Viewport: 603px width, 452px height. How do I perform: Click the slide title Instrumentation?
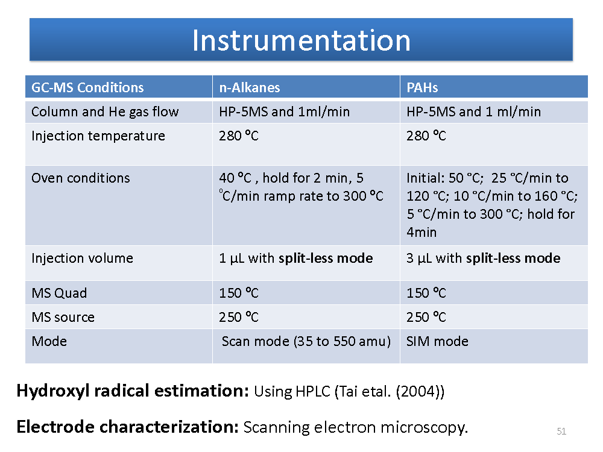pyautogui.click(x=301, y=40)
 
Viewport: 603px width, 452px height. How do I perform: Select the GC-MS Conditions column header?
pyautogui.click(x=87, y=87)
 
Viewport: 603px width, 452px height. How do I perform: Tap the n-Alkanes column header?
pyautogui.click(x=250, y=87)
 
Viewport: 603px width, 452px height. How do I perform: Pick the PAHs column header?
pyautogui.click(x=422, y=87)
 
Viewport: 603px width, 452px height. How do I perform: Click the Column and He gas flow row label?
pyautogui.click(x=105, y=112)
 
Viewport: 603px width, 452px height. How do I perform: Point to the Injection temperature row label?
pyautogui.click(x=98, y=136)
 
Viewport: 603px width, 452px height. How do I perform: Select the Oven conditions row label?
pyautogui.click(x=81, y=178)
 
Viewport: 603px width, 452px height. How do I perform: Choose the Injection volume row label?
pyautogui.click(x=82, y=258)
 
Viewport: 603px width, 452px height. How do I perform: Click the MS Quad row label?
pyautogui.click(x=59, y=293)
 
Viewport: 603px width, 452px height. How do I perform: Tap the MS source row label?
pyautogui.click(x=63, y=317)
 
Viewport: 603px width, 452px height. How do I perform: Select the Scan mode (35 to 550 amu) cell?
pyautogui.click(x=306, y=341)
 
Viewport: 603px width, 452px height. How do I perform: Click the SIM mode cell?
pyautogui.click(x=438, y=341)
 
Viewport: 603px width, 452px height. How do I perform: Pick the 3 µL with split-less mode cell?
pyautogui.click(x=484, y=258)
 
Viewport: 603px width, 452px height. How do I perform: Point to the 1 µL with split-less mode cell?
pyautogui.click(x=295, y=258)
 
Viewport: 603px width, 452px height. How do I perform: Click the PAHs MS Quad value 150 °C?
pyautogui.click(x=426, y=293)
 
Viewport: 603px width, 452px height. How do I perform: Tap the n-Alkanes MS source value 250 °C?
pyautogui.click(x=239, y=317)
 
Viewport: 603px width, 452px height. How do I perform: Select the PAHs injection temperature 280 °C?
pyautogui.click(x=426, y=136)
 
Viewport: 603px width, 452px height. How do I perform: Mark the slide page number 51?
pyautogui.click(x=561, y=432)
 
